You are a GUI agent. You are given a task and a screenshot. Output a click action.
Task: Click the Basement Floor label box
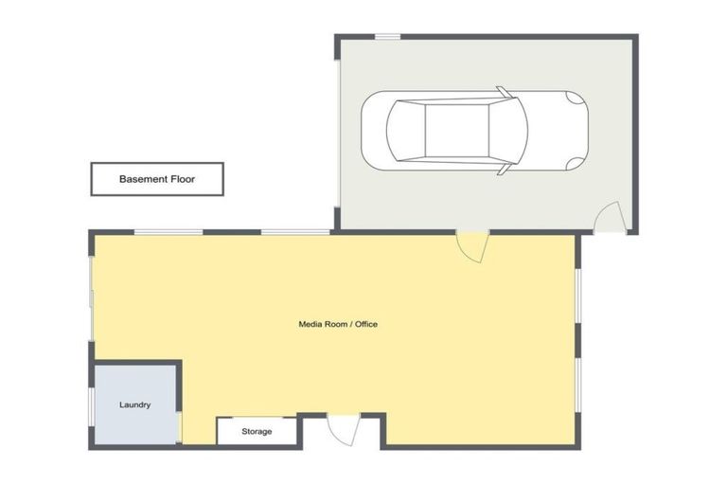[157, 178]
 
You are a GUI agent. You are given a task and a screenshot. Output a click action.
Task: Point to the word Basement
[142, 178]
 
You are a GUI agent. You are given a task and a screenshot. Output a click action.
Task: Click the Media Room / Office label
[338, 324]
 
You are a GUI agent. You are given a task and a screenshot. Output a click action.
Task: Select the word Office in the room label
[364, 324]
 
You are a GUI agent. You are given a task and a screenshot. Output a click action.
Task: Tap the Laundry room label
[134, 405]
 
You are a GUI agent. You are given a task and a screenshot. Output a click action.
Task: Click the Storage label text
[257, 432]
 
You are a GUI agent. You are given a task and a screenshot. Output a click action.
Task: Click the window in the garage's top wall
[386, 37]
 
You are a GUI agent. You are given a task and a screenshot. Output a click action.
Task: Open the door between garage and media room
[470, 243]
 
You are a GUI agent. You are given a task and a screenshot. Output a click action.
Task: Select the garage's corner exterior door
[608, 219]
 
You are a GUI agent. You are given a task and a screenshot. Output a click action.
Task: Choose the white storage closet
[257, 431]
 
